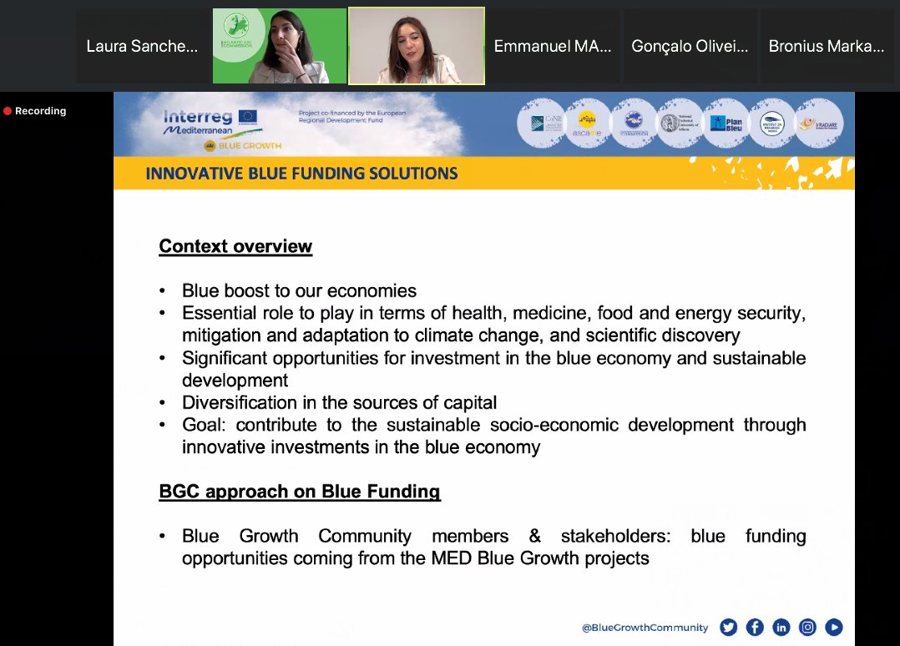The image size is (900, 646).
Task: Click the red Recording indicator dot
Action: [8, 111]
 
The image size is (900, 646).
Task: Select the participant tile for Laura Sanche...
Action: [143, 47]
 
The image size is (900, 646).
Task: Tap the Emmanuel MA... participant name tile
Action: [552, 47]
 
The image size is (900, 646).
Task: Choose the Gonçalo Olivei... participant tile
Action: [689, 47]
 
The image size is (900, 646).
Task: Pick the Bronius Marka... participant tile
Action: [826, 47]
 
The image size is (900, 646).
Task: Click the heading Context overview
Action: [235, 246]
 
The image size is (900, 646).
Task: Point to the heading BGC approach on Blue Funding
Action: [300, 492]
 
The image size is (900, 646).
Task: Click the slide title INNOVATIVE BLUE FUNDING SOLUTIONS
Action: [301, 174]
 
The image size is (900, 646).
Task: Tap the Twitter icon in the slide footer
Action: [728, 628]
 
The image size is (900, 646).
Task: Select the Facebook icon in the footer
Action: [755, 628]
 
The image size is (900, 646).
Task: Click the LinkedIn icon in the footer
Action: [781, 628]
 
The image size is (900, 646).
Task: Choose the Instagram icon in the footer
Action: [807, 628]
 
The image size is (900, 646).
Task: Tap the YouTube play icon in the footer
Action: [834, 628]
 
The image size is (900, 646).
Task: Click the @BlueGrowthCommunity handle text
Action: [645, 628]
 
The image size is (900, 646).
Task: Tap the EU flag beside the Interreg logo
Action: [247, 117]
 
